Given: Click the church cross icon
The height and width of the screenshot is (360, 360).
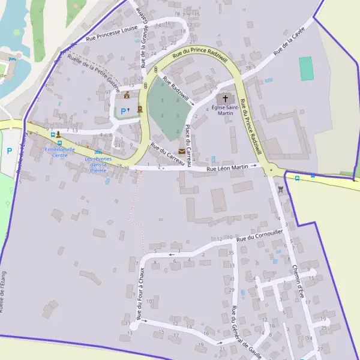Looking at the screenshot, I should pos(226,98).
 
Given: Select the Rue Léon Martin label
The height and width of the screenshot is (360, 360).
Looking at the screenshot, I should pos(227,168).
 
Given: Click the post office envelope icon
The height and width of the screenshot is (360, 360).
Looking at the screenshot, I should pos(182,151).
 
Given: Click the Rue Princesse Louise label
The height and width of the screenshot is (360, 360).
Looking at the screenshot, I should pos(112,32).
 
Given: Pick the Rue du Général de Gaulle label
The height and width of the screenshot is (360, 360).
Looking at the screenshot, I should pos(245,334).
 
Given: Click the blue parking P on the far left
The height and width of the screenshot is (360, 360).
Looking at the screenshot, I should pos(10,151).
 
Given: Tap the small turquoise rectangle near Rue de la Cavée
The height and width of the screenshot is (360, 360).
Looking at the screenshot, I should pos(307,68).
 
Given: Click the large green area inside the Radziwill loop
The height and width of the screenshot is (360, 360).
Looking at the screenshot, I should pos(167,108).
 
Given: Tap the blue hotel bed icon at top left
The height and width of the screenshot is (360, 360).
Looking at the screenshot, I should pos(11,59).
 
